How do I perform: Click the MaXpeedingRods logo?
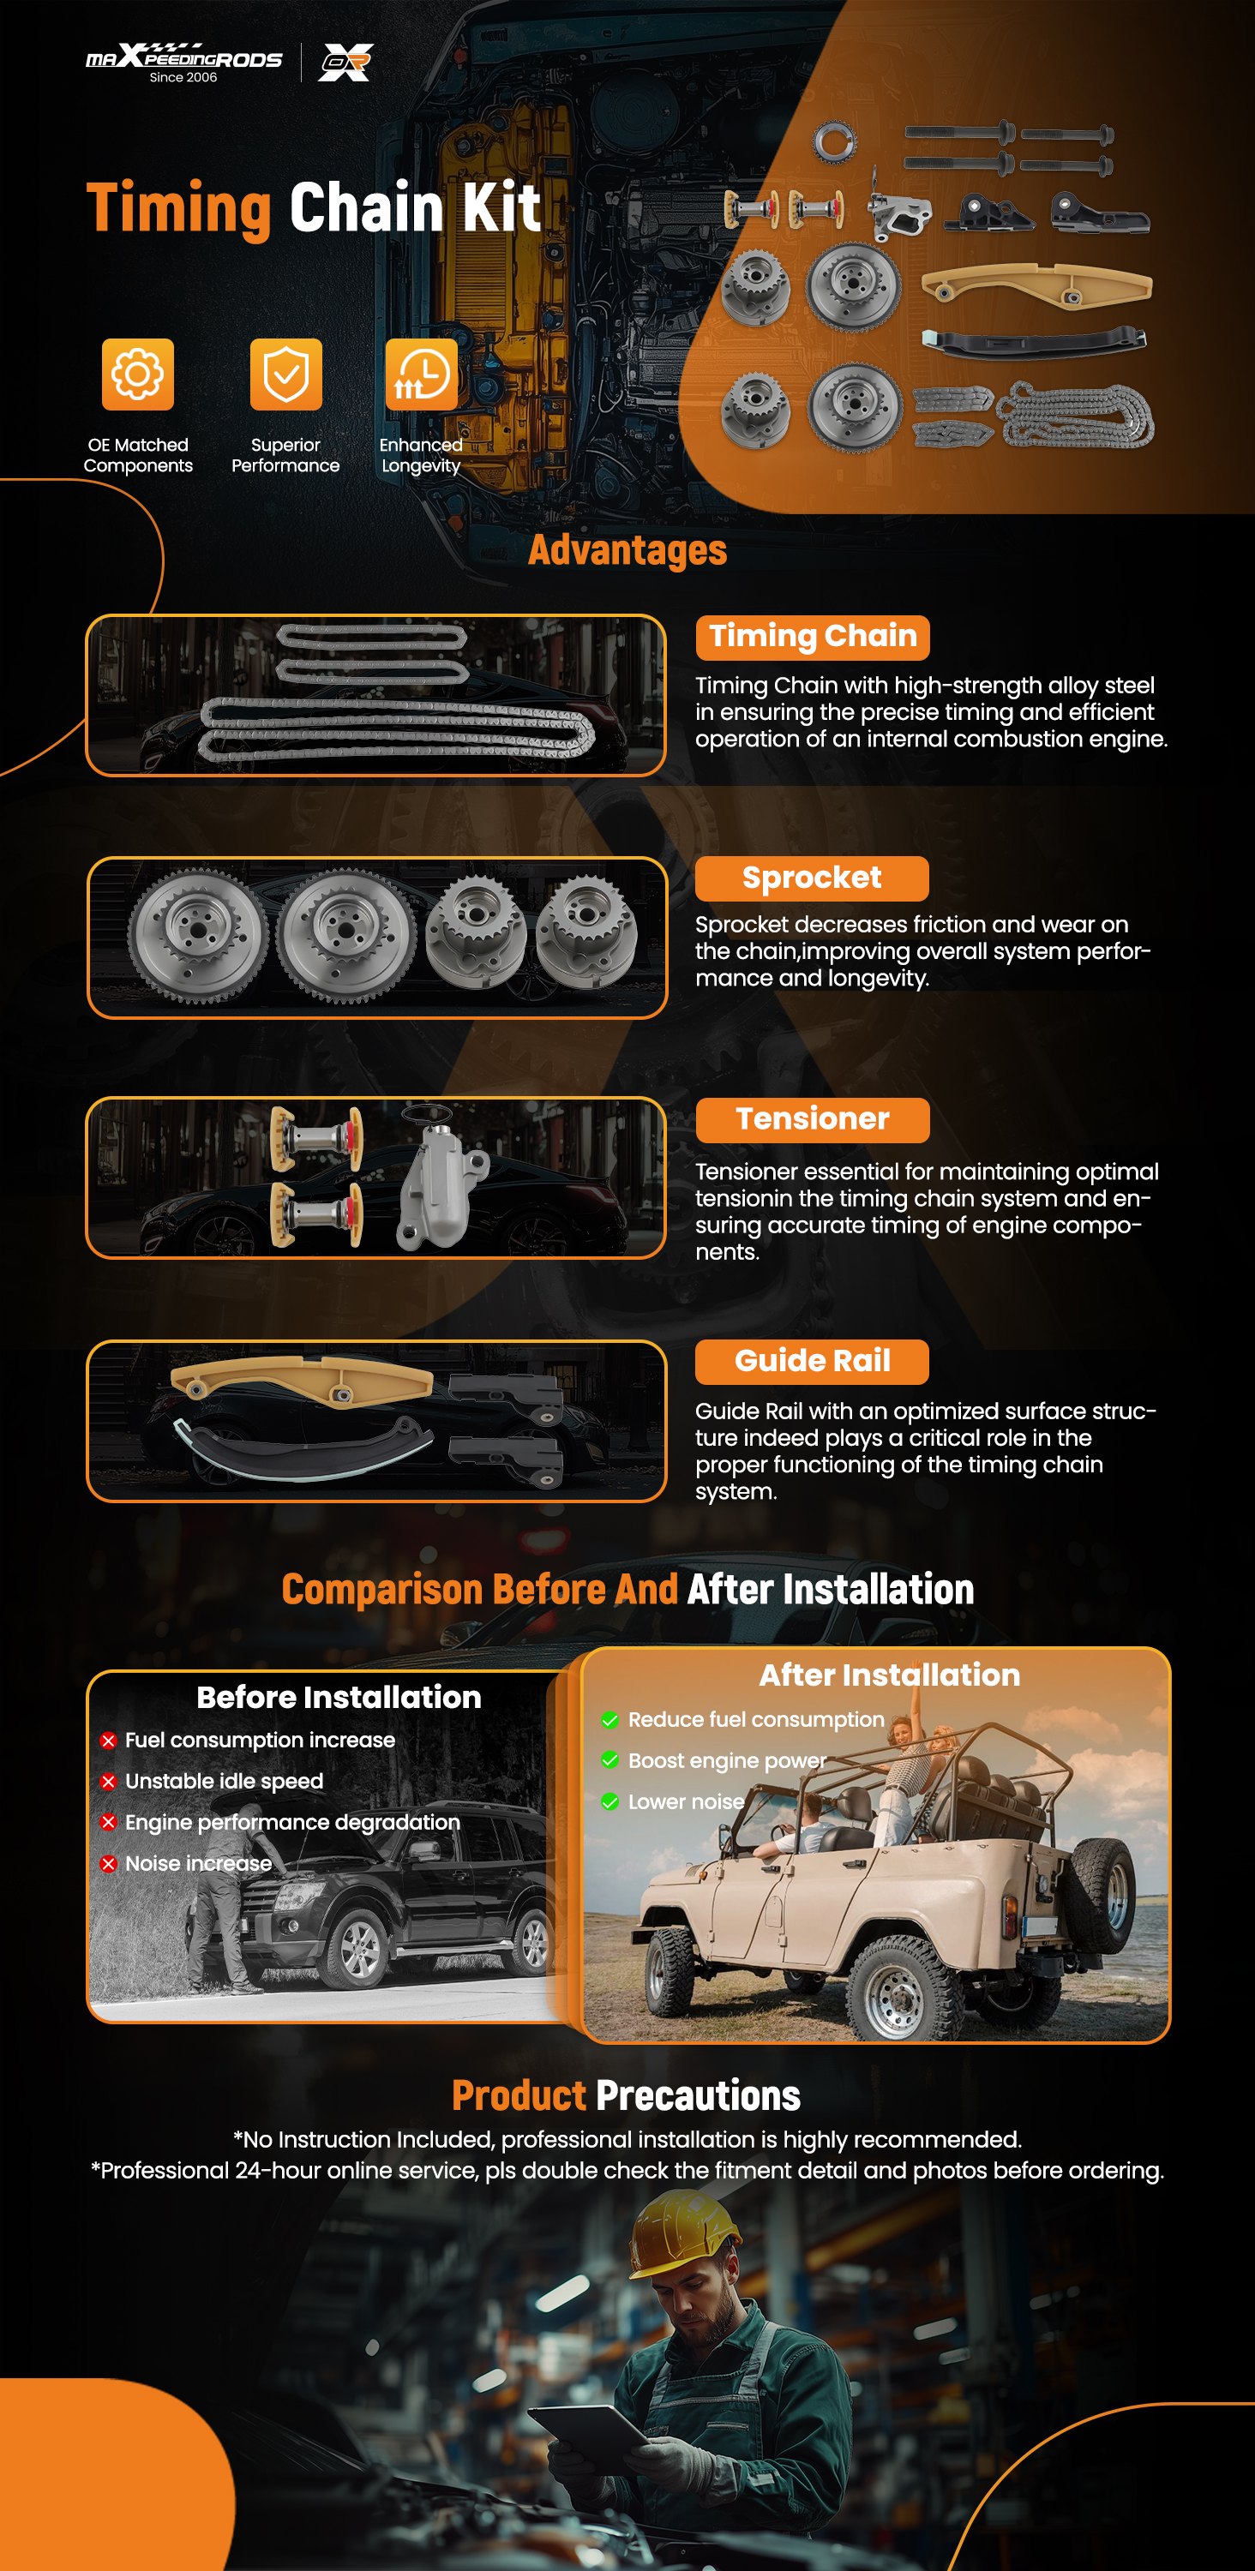(x=183, y=62)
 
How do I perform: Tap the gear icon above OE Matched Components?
(x=138, y=375)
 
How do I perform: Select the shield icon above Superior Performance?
(x=285, y=375)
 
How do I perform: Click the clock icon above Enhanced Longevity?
(x=421, y=375)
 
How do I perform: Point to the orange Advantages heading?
(x=627, y=550)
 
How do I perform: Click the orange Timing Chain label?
(x=813, y=637)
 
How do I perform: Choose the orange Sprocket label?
(x=812, y=878)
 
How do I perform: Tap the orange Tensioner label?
(x=813, y=1120)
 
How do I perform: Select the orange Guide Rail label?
(x=812, y=1362)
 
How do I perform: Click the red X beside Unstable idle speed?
(x=109, y=1782)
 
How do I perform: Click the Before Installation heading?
(x=339, y=1697)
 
